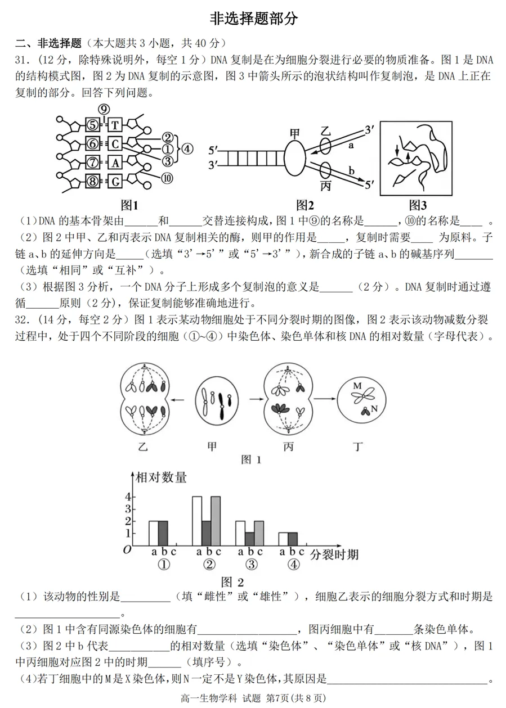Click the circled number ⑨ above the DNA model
pos(104,110)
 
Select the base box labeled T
pos(114,125)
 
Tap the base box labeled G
pos(114,182)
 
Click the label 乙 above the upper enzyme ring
pos(325,131)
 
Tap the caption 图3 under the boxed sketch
pos(418,205)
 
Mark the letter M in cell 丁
pos(356,386)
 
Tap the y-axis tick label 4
pos(128,497)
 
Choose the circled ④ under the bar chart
pos(293,565)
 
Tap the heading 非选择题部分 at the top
pos(253,18)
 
